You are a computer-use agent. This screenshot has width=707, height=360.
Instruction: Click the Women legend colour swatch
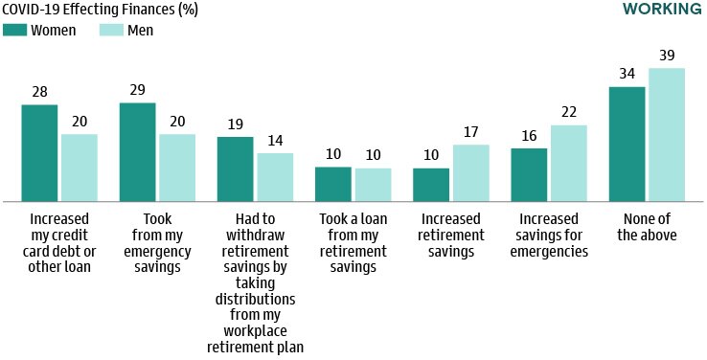coord(14,30)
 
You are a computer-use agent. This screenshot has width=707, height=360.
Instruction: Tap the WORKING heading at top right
coord(662,10)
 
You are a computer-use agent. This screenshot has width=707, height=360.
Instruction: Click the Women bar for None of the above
coord(627,144)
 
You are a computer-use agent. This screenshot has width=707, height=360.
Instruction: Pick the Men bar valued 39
coord(667,135)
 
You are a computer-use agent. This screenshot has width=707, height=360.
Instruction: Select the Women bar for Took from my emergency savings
coord(137,151)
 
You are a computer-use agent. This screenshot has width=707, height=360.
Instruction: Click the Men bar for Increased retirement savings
coord(470,172)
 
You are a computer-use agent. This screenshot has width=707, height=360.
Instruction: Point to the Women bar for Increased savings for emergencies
coord(529,174)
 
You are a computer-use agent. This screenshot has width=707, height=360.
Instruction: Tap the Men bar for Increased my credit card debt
coord(80,168)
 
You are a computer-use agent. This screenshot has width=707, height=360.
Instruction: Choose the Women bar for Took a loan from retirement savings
coord(333,184)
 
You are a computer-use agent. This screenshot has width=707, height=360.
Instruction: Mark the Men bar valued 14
coord(275,177)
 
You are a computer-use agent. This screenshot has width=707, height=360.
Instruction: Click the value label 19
coord(236,125)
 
